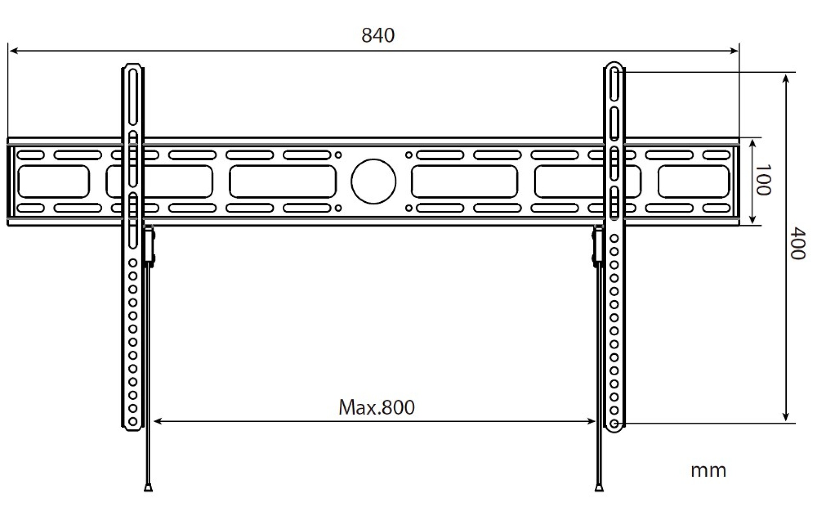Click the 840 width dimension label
pos(378,35)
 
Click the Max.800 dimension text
pos(376,407)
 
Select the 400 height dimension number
pos(797,244)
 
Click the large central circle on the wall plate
pos(373,181)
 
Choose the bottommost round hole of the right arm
pos(614,424)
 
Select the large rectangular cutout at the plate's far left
pos(54,182)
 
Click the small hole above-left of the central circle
pos(338,155)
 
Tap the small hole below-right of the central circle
pos(409,208)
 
